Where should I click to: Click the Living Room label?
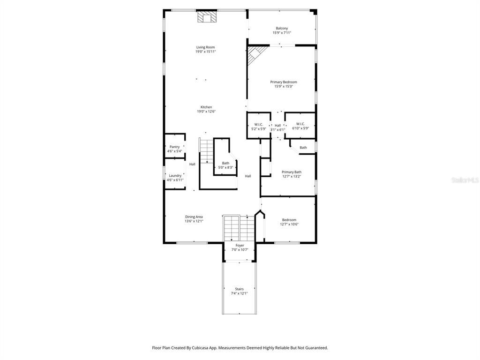(206, 47)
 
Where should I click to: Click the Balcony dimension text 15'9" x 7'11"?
(282, 32)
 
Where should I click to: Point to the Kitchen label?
(206, 107)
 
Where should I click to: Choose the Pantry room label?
(175, 147)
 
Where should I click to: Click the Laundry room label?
(175, 176)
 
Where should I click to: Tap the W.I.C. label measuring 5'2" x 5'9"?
(259, 125)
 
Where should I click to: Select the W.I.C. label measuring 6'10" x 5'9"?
(300, 124)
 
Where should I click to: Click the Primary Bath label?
(292, 172)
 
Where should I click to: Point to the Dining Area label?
(194, 217)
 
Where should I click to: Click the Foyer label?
(240, 246)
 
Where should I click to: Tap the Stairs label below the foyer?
(240, 289)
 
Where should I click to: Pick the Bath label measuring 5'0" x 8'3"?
(225, 163)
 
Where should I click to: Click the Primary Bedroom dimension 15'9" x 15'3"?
(284, 86)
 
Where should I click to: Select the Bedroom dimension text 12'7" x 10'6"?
(289, 224)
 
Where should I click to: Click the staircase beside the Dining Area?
(239, 228)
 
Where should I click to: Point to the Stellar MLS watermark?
(465, 180)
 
